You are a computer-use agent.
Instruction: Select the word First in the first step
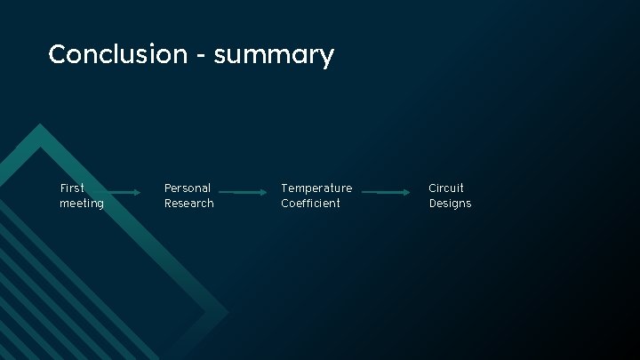72,188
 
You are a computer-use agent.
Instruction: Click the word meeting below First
82,204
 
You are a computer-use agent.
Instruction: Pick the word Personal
188,188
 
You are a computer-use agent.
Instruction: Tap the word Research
188,204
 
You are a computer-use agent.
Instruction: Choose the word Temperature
316,188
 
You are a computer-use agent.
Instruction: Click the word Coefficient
310,204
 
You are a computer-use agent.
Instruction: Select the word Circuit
446,188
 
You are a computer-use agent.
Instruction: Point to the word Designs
450,204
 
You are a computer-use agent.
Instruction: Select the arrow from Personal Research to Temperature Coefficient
242,192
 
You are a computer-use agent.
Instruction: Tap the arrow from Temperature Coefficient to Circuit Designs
386,192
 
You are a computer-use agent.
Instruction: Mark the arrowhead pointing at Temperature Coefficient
264,192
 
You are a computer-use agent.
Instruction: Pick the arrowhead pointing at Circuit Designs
408,192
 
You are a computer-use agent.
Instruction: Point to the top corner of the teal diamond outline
38,126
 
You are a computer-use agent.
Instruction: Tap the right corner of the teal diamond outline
226,313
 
